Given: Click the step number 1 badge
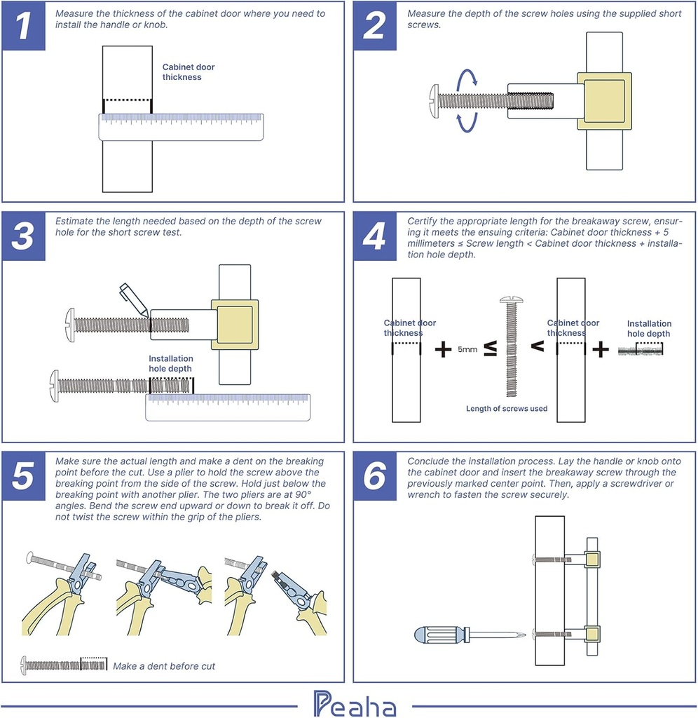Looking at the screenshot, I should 24,27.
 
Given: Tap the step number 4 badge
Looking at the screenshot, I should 375,237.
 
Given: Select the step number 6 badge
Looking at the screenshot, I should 375,476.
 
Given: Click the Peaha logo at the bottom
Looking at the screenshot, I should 355,704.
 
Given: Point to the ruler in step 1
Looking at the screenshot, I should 181,127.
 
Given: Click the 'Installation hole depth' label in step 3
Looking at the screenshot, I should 170,363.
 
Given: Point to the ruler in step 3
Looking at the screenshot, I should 228,407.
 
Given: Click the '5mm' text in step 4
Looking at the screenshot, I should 467,348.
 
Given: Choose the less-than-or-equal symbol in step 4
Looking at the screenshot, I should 491,348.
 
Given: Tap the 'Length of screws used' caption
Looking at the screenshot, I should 507,409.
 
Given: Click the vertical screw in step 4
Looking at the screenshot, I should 510,347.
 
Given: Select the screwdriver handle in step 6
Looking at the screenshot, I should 439,636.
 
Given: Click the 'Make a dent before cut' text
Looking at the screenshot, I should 164,665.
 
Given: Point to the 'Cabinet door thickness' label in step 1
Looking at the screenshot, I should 189,72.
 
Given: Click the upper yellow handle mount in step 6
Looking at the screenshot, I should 593,559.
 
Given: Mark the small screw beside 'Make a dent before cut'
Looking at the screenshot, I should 64,663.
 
